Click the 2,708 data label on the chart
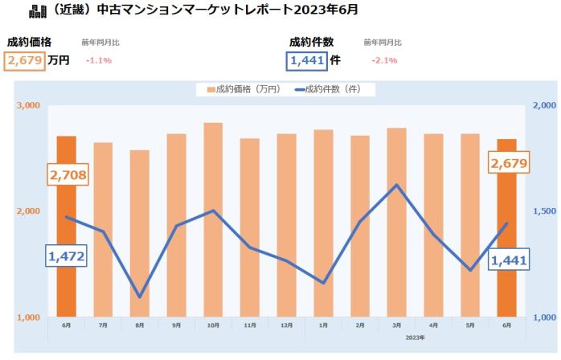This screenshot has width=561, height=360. tap(68, 174)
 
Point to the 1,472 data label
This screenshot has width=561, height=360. tap(66, 256)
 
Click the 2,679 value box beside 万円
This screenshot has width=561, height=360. tap(25, 60)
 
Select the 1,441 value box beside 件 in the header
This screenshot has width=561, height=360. tap(307, 60)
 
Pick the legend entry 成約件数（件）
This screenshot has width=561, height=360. tap(331, 89)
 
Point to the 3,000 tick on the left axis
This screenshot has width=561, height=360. tap(27, 106)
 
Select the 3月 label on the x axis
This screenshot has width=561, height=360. tap(397, 325)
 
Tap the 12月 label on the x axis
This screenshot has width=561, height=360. tap(287, 325)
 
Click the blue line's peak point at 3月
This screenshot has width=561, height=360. tap(397, 185)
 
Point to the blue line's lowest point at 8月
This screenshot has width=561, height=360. tap(140, 297)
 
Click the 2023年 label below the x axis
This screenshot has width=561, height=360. tap(415, 337)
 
